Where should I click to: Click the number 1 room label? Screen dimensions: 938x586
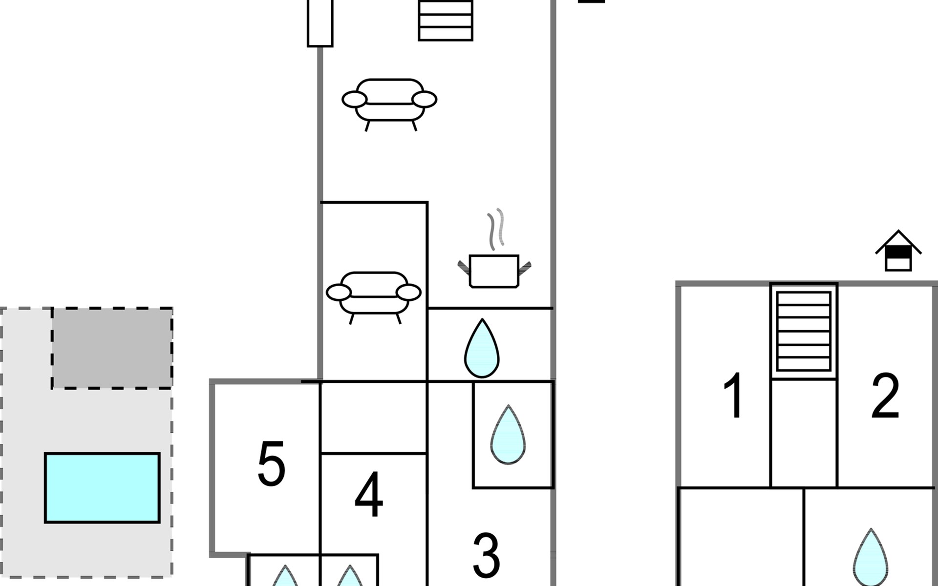734,396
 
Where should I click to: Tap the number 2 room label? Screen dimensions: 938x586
885,396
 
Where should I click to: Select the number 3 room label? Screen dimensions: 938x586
487,556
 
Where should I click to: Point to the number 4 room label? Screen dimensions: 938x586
369,494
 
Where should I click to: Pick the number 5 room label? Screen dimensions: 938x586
271,463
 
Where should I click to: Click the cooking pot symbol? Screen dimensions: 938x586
494,271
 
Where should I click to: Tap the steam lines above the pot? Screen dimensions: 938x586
496,229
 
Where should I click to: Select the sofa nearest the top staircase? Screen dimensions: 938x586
389,105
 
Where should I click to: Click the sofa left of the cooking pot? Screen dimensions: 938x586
374,297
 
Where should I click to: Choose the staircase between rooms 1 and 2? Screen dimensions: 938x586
804,331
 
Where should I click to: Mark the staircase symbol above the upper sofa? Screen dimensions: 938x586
446,20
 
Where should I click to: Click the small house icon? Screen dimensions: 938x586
898,251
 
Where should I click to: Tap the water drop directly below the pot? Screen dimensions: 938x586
482,348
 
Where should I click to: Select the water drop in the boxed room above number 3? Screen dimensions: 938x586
508,435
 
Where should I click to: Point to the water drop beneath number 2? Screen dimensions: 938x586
871,558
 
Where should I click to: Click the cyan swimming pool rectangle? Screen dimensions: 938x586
103,488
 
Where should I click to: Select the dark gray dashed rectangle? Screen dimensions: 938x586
112,348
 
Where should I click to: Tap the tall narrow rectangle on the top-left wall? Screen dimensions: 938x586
320,23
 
